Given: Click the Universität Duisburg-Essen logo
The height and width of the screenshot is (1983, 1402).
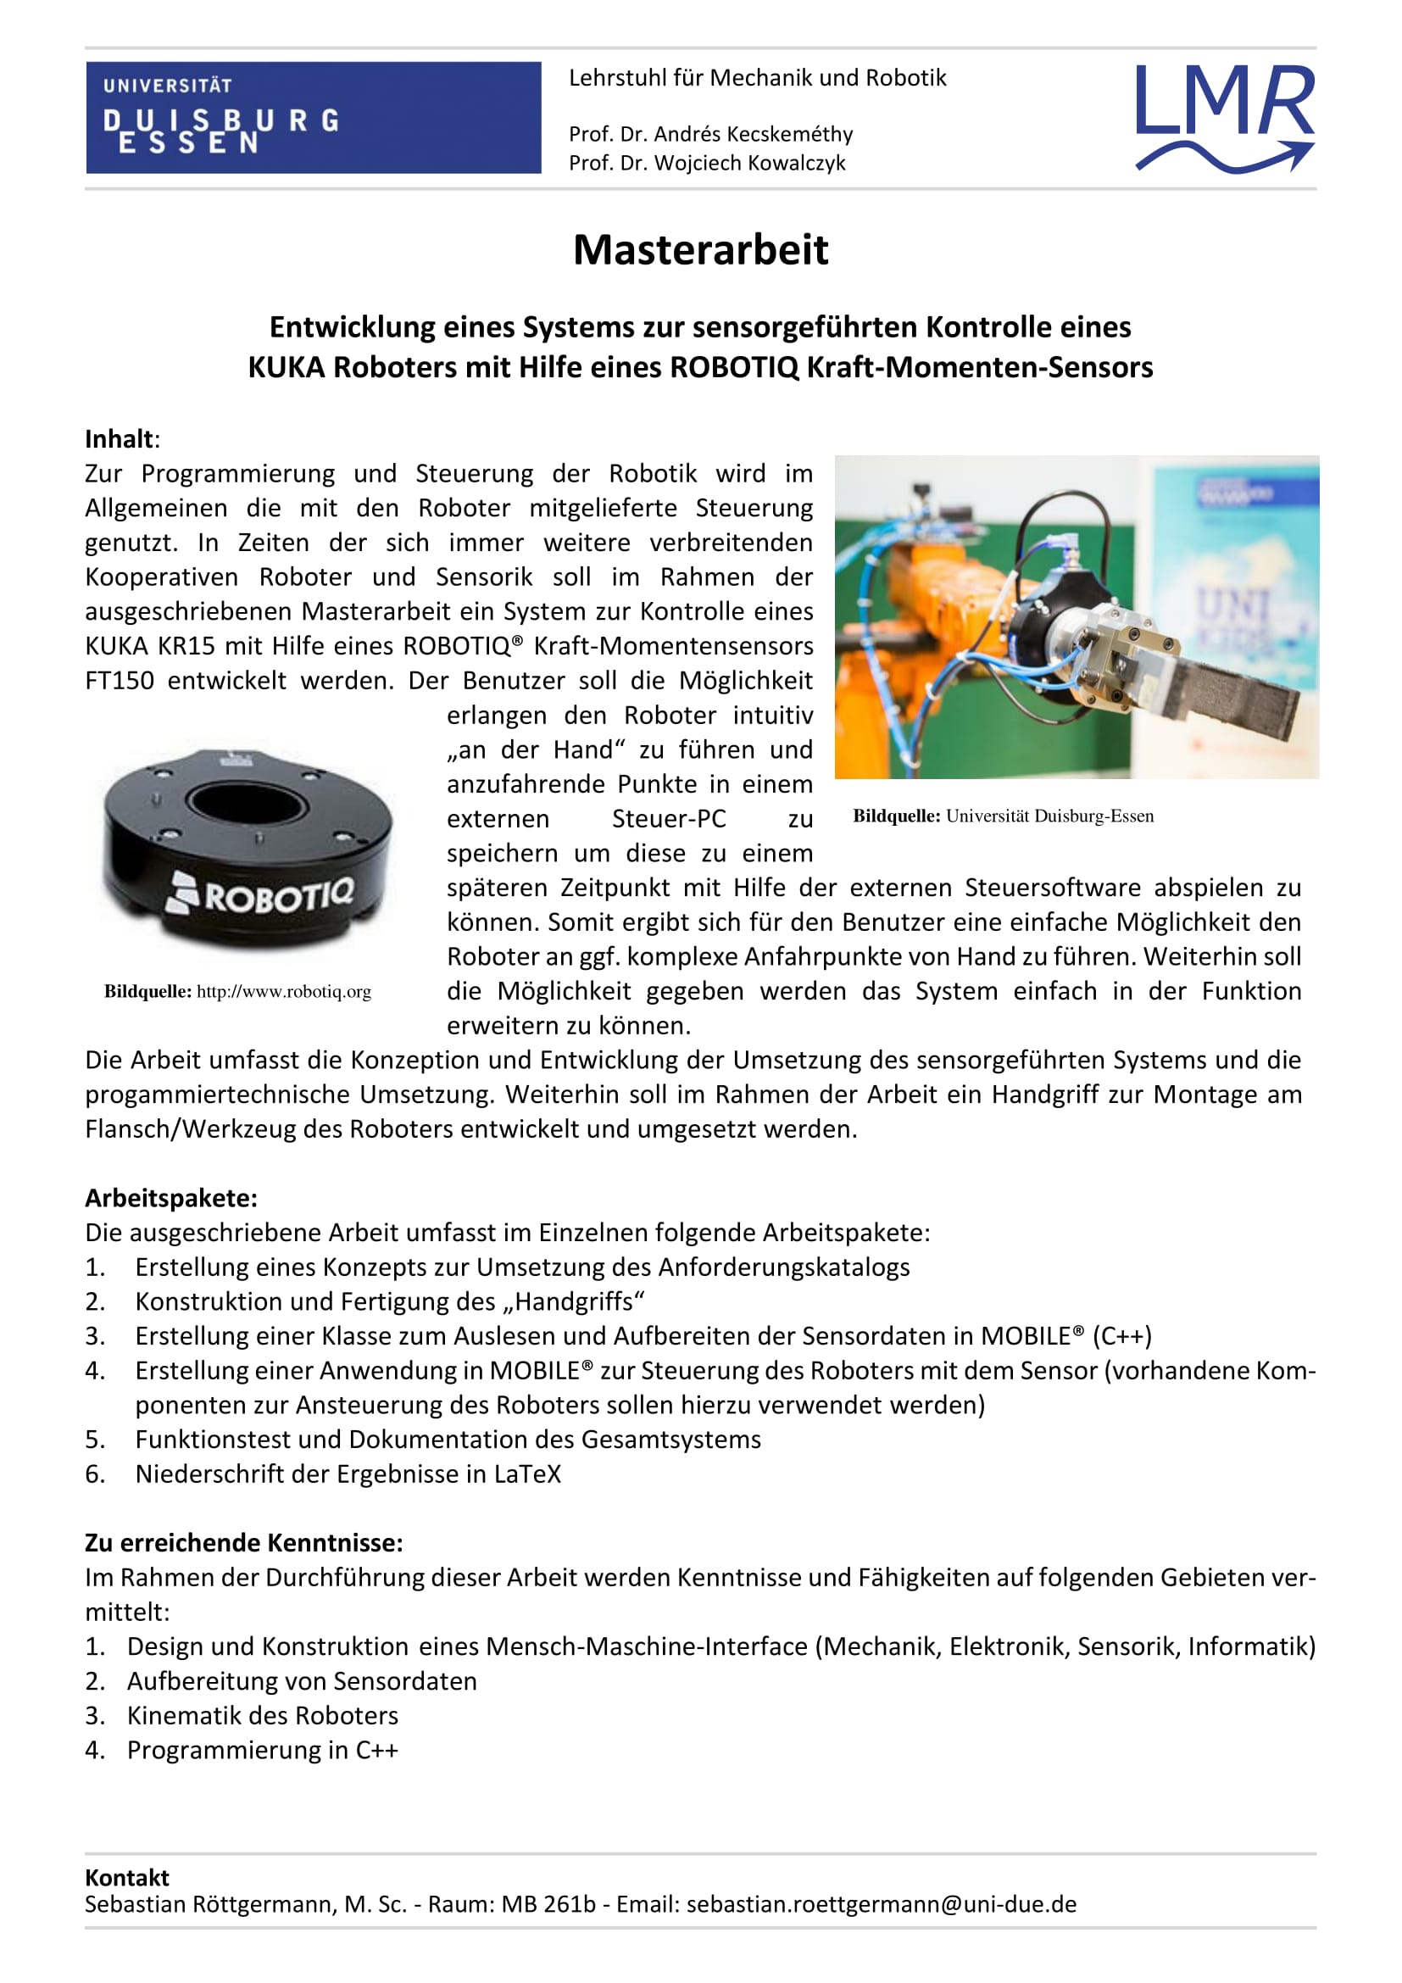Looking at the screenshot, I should click(313, 118).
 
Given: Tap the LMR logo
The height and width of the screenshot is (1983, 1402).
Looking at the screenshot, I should click(1224, 117).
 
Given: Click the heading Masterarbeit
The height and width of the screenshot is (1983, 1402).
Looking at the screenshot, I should click(700, 250).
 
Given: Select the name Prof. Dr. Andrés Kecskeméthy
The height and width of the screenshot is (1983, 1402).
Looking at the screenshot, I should click(710, 135).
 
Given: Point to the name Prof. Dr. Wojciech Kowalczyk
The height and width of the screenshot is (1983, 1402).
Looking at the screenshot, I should click(707, 164).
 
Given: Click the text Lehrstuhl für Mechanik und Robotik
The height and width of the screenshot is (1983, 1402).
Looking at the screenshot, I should click(757, 79).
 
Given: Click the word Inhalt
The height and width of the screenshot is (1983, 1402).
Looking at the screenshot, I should click(120, 440).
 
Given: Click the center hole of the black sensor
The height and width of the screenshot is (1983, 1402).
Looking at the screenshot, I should click(247, 802).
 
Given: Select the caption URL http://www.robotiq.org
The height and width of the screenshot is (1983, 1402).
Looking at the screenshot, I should click(284, 992).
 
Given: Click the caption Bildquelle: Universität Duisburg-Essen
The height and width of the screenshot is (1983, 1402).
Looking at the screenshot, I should click(1003, 816).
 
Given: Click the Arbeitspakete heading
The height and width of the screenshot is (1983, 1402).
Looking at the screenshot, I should click(171, 1198).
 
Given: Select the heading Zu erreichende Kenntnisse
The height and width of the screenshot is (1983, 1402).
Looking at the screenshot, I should click(243, 1542).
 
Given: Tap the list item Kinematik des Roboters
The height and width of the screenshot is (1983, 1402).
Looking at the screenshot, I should click(263, 1715).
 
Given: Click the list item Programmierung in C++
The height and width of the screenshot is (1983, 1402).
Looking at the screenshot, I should click(263, 1750).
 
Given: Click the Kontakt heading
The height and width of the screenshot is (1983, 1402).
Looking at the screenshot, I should click(127, 1878).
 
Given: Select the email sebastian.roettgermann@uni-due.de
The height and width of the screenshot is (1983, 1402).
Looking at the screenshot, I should click(882, 1904).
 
